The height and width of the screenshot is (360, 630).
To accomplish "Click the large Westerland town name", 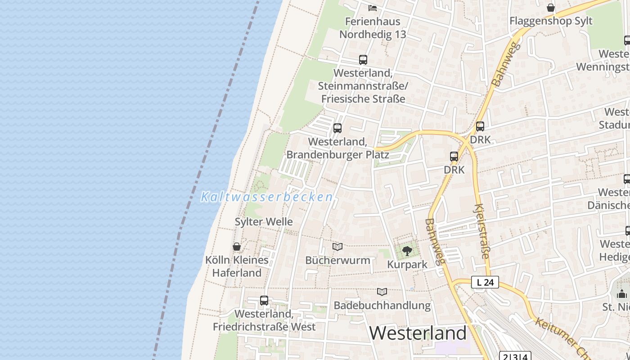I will coord(418,333).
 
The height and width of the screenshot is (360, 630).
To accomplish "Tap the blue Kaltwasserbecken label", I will coord(267,197).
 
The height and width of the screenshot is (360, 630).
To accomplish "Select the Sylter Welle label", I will coord(264,221).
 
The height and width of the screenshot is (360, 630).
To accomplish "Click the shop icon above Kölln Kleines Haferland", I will coord(237,247).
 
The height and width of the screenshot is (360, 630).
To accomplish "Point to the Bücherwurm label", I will coord(337,260).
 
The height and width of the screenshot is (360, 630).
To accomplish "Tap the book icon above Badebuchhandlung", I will coord(382,292).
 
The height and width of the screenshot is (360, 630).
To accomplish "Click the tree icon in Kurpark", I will coord(407,251).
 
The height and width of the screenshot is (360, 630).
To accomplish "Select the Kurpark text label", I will coord(407,264).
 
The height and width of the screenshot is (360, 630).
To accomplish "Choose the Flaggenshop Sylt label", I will coord(551,21).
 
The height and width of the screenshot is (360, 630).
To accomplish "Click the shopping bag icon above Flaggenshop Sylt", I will coord(551,8).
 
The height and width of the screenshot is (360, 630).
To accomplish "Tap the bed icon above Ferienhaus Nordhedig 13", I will coord(373,8).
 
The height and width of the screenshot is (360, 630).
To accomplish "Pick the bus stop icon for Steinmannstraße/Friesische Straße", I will coord(363,59).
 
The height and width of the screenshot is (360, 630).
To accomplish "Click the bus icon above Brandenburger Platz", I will coord(337,128).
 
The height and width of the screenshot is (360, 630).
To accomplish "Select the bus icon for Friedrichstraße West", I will coord(264,300).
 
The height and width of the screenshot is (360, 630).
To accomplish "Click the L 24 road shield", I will coord(485,283).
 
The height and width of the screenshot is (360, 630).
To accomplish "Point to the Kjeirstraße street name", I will coord(481,232).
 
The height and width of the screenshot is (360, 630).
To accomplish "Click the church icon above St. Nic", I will coord(622,294).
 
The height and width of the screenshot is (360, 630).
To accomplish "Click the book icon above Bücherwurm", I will coord(337,247).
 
